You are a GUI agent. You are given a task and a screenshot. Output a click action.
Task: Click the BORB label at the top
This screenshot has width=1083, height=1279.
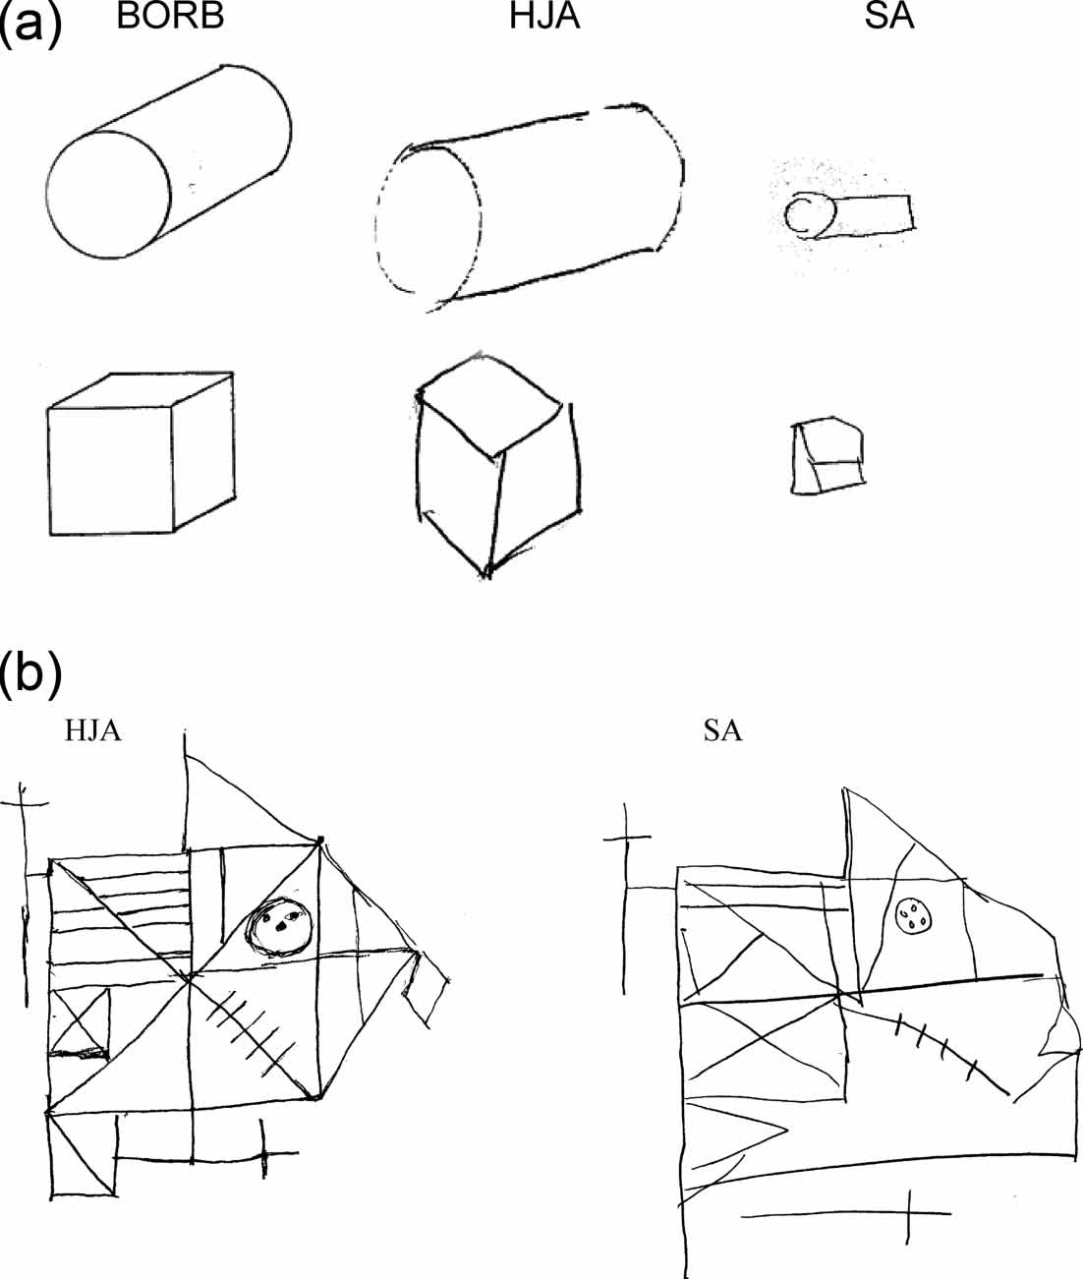coord(170,17)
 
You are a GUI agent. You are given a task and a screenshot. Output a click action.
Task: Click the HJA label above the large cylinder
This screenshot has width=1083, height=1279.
coord(544,17)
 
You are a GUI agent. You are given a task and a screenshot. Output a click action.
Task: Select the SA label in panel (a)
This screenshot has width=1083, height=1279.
coord(889,17)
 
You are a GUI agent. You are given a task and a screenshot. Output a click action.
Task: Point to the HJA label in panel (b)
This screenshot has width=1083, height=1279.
coord(93,730)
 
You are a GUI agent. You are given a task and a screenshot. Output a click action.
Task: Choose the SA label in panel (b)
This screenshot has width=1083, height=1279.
coord(723,730)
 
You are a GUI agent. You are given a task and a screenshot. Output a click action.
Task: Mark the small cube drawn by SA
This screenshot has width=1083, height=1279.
coord(829,455)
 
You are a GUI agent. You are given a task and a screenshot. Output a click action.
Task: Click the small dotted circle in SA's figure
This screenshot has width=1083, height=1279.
coord(915,917)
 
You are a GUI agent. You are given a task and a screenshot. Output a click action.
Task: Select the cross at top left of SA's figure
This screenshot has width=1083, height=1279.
coord(627,839)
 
